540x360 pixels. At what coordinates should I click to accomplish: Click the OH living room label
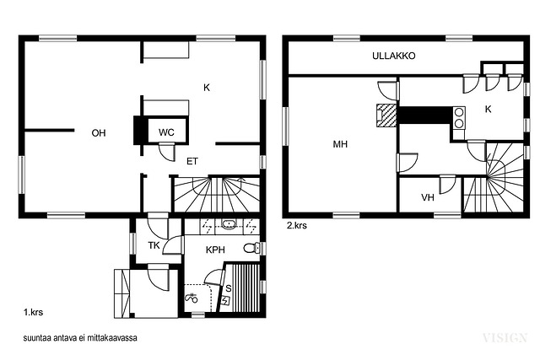(x=99, y=133)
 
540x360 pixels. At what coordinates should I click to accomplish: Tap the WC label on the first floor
(x=166, y=132)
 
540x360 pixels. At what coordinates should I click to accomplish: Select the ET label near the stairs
(x=192, y=161)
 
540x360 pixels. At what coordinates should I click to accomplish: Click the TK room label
(x=154, y=245)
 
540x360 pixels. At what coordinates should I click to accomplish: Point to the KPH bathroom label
(x=215, y=250)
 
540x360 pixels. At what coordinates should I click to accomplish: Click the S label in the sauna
(x=229, y=288)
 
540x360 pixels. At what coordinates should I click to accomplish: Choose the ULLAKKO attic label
(x=394, y=56)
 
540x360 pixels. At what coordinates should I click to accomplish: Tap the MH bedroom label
(x=340, y=144)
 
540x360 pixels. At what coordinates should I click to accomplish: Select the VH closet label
(x=428, y=197)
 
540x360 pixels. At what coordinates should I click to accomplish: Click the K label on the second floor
(x=488, y=109)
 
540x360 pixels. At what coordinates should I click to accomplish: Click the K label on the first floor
(x=207, y=88)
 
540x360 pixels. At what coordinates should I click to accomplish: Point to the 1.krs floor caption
(x=33, y=312)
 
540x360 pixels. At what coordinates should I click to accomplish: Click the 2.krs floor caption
(x=296, y=225)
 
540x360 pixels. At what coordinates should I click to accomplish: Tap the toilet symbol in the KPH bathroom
(x=251, y=248)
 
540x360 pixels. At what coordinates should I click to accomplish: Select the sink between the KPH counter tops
(x=229, y=225)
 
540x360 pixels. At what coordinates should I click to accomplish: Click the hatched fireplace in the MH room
(x=386, y=116)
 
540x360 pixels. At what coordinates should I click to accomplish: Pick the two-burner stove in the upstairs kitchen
(x=459, y=117)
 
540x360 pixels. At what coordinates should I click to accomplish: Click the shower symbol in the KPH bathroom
(x=192, y=298)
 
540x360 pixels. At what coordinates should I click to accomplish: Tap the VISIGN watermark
(x=505, y=337)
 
